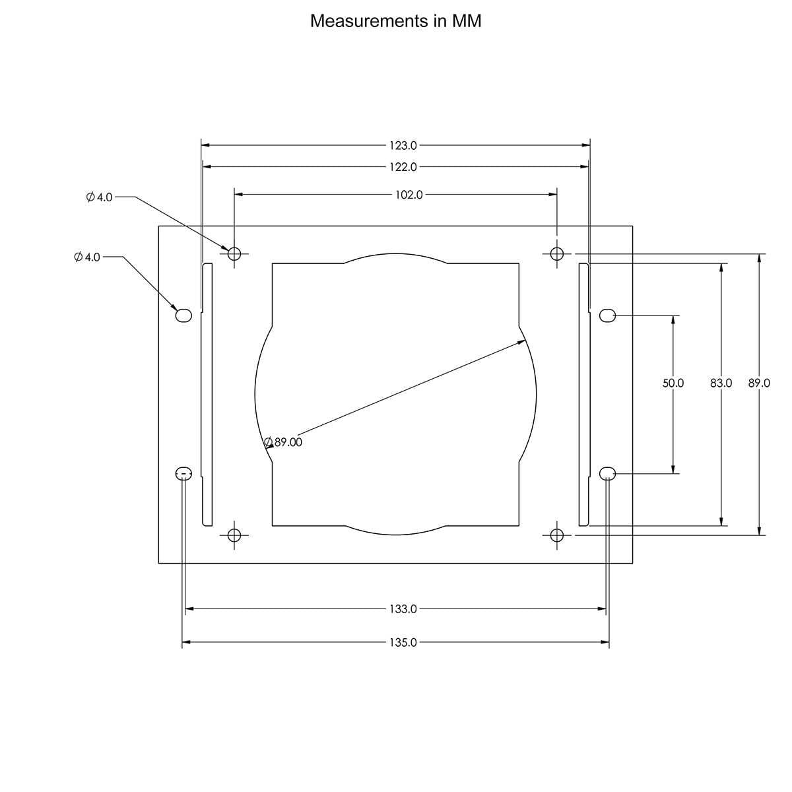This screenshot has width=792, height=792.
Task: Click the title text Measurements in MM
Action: point(395,21)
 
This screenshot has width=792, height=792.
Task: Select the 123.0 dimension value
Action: point(403,145)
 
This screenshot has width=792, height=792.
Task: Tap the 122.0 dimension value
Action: point(403,167)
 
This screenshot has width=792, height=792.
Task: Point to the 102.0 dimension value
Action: point(409,195)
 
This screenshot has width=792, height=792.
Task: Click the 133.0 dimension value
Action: point(403,609)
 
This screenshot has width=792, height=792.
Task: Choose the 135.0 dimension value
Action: point(403,642)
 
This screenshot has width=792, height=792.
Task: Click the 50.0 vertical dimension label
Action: point(673,383)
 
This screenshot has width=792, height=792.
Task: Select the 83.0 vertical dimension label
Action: point(721,383)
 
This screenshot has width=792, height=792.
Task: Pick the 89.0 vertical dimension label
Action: point(759,383)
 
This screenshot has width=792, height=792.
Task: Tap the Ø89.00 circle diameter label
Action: point(284,442)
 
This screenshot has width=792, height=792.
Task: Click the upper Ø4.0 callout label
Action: point(100,197)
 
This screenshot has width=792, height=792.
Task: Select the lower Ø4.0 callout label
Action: point(87,257)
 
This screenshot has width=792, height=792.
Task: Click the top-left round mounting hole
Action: point(234,253)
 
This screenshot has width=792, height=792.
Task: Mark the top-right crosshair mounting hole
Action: point(556,253)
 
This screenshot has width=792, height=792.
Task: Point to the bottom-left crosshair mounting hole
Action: point(234,535)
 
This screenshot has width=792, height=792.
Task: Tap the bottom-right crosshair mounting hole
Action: point(556,535)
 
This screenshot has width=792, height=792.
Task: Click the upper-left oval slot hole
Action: point(183,315)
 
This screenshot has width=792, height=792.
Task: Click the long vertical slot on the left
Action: point(207,395)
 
